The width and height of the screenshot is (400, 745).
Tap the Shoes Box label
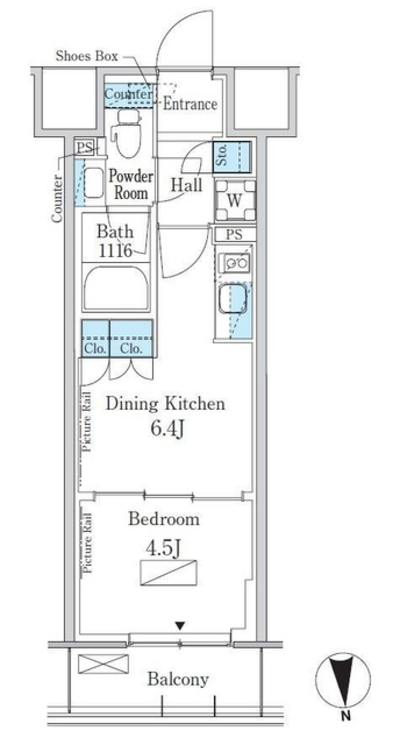pos(87,56)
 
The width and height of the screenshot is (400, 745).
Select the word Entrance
pos(190,104)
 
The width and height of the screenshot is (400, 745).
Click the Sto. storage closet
pos(231,157)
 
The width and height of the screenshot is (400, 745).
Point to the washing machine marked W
pos(235,201)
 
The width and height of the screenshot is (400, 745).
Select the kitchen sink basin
pos(232,298)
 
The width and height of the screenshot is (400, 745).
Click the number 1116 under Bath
pos(115,251)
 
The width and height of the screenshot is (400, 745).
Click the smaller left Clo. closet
pos(95,339)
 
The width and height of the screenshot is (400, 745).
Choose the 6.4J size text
pos(167,428)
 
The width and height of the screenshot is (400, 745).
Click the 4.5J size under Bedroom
pos(163,548)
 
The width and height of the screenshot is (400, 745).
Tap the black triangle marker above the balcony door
pos(180,625)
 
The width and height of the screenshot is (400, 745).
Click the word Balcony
pos(178,679)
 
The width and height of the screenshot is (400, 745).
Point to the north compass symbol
pos(342,680)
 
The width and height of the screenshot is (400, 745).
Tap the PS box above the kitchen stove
pos(234,235)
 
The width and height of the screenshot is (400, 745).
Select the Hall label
pos(186,185)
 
